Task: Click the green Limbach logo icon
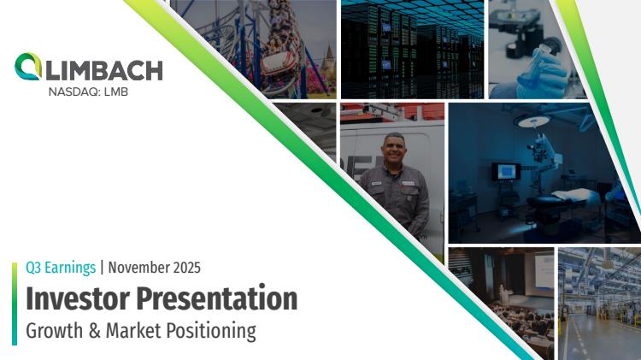(28, 67)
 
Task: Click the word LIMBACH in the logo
(104, 70)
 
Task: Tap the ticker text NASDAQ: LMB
(88, 92)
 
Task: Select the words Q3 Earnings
(61, 268)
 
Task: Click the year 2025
(187, 268)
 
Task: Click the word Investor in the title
(78, 298)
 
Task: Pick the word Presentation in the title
(217, 298)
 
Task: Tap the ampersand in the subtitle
(94, 331)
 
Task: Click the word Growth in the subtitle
(55, 331)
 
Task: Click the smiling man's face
(393, 150)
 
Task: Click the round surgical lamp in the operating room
(534, 121)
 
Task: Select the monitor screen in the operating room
(506, 171)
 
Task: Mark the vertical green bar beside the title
(15, 304)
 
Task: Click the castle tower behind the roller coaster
(328, 62)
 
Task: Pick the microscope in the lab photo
(519, 28)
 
